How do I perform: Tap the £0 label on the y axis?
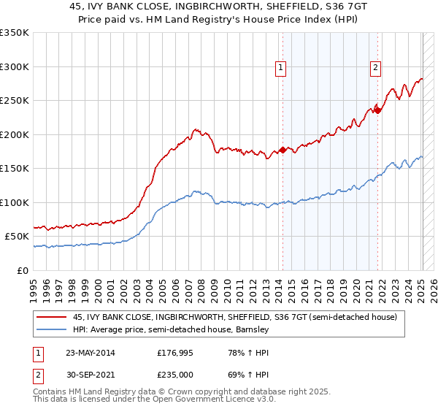[x=23, y=270]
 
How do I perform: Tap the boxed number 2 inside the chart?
[x=376, y=68]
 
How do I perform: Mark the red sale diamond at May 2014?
[x=283, y=150]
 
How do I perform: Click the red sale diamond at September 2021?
[x=378, y=111]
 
